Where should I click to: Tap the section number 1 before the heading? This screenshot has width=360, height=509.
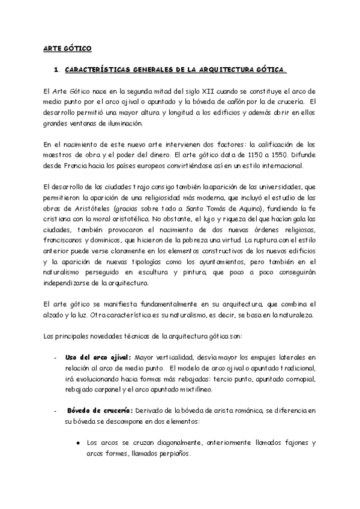click(x=56, y=70)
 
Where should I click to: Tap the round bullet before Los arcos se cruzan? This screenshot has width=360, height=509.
click(x=78, y=444)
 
